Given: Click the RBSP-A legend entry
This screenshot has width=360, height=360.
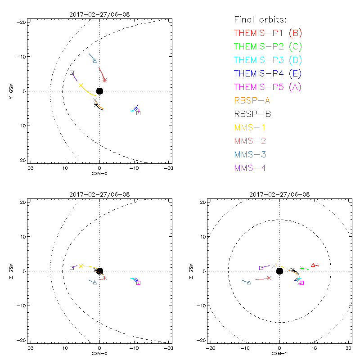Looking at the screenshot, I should pos(252,100).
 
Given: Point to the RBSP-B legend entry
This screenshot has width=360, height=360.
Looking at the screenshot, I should pos(252,114).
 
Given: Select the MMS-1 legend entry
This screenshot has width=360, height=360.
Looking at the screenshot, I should pos(250,127).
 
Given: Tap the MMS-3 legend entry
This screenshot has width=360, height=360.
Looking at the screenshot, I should pos(250,154).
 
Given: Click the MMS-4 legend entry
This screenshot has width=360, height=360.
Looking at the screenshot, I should pos(250,168).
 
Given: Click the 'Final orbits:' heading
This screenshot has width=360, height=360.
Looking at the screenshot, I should pos(260,19).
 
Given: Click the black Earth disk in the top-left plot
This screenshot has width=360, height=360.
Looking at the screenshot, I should pos(99,91).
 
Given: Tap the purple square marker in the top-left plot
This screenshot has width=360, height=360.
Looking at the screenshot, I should pos(72,72).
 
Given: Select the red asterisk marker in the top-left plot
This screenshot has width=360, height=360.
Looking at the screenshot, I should pos(104,80).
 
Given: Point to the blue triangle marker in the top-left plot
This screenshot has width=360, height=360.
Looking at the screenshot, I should pos(94,60).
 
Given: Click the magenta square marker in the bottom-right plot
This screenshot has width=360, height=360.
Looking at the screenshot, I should pos(301,283).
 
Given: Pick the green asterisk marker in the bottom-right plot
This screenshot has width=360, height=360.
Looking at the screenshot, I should pos(302,269).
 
